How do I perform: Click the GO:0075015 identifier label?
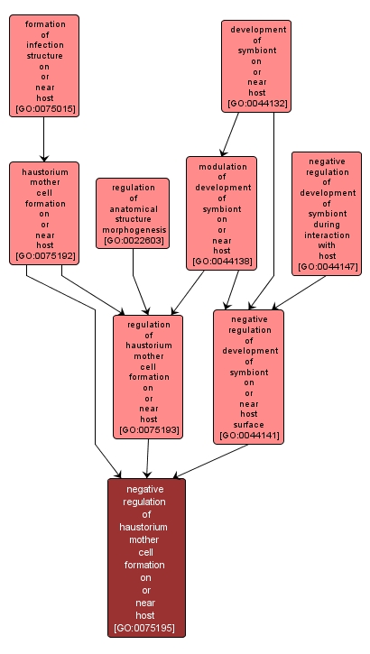(x=45, y=109)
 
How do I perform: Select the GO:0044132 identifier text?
(x=257, y=104)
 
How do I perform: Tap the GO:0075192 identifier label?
(x=45, y=256)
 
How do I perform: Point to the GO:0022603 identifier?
(x=134, y=240)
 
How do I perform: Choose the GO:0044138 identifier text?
(x=222, y=262)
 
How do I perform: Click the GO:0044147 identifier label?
(x=328, y=266)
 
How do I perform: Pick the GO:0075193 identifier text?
(x=149, y=430)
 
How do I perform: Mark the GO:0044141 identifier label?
(x=249, y=436)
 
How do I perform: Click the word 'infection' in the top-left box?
(x=44, y=45)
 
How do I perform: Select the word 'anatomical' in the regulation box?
(x=134, y=208)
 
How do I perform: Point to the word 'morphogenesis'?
(x=134, y=230)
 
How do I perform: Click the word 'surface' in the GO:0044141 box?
(x=249, y=425)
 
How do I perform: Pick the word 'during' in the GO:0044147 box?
(x=328, y=225)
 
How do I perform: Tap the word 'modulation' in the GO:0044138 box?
(x=223, y=167)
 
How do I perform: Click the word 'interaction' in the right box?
(x=327, y=235)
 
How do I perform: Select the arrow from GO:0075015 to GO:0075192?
(x=44, y=139)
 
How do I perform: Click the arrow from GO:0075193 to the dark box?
(x=148, y=458)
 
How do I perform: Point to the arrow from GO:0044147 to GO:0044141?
(x=298, y=293)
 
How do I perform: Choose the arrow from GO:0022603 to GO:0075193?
(x=138, y=282)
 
